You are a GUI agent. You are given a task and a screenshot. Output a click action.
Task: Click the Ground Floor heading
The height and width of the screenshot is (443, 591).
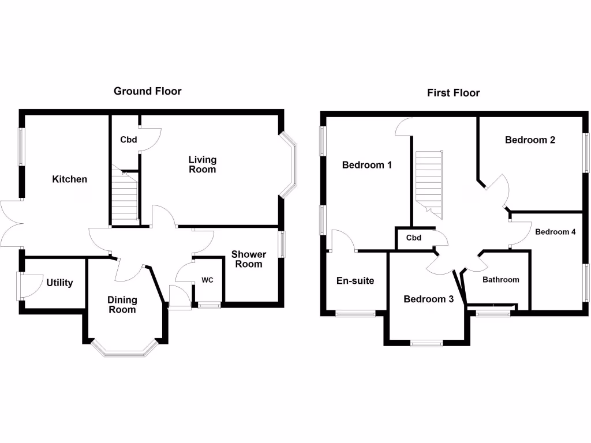(x=147, y=91)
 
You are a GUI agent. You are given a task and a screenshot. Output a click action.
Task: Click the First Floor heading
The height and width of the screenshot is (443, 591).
(x=453, y=93)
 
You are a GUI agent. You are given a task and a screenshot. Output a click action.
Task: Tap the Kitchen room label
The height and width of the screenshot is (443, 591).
(x=70, y=179)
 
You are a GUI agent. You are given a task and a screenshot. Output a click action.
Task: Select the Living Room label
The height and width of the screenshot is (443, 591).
(x=203, y=164)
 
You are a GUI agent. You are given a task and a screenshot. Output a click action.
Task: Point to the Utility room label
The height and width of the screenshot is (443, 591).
(x=59, y=283)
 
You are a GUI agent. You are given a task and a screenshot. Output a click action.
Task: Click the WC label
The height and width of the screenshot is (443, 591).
(x=208, y=280)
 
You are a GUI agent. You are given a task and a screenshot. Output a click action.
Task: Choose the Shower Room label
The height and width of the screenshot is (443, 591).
(x=249, y=259)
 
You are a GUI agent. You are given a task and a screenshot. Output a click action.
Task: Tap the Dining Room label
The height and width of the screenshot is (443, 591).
(x=122, y=305)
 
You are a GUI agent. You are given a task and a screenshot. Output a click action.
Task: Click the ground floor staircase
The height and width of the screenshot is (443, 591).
(x=125, y=199)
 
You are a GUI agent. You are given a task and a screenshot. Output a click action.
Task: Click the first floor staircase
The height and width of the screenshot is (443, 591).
(x=428, y=183)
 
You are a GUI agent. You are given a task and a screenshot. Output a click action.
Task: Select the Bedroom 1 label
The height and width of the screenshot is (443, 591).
(x=367, y=165)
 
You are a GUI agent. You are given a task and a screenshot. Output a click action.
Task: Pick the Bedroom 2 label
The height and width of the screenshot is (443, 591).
(x=530, y=140)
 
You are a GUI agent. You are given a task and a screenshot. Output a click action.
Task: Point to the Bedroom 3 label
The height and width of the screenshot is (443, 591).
(x=428, y=299)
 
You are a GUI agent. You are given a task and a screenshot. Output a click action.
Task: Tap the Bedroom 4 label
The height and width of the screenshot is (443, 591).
(x=555, y=232)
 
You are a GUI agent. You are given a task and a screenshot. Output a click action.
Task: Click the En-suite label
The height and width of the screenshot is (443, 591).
(x=355, y=281)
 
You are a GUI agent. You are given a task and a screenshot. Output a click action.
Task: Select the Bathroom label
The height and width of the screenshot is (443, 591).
(x=500, y=280)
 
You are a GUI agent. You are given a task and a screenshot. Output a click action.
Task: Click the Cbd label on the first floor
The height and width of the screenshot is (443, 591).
(x=413, y=238)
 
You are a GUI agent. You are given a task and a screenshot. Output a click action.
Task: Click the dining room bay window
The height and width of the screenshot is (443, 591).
(x=125, y=350)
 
